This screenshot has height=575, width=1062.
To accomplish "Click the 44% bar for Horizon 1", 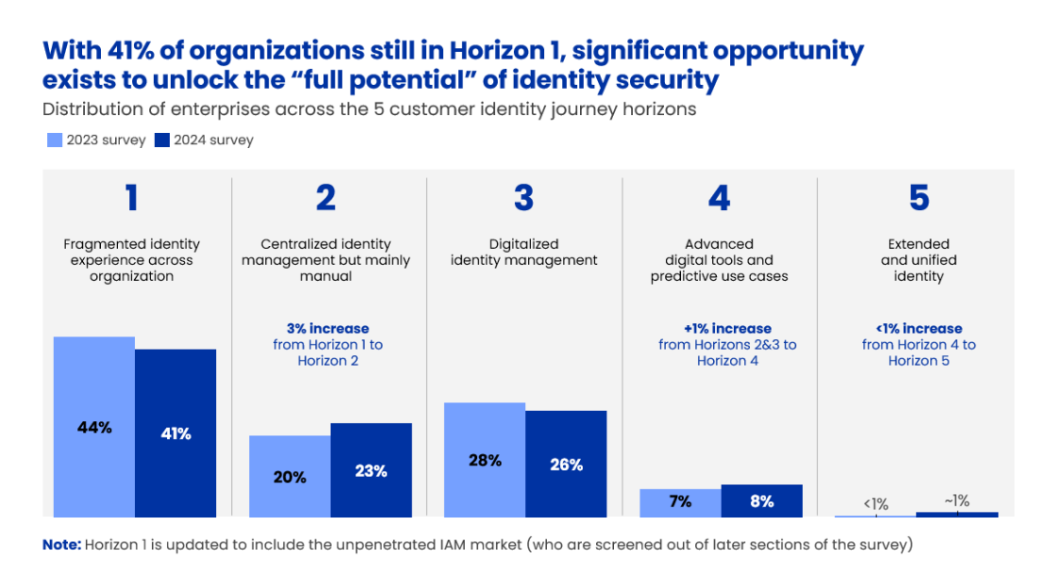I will click(93, 426).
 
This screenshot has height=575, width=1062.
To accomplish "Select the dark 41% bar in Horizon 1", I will click(175, 433).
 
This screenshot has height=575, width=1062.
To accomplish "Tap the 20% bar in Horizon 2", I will click(290, 476).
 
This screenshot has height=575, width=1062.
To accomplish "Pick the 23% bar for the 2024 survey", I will click(371, 469).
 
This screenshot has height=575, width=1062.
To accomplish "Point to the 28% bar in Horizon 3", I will click(484, 459).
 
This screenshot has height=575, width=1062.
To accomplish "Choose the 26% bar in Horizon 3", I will click(566, 464).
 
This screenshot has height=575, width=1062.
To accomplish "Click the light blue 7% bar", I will click(680, 502).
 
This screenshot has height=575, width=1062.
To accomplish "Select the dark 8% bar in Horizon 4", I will click(761, 501).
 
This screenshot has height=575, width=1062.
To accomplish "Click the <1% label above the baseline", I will click(874, 504).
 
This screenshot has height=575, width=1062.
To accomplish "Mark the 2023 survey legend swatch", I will click(55, 140).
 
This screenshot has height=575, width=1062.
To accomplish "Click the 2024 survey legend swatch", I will click(161, 140).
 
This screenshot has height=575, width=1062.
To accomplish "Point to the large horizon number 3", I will click(523, 198).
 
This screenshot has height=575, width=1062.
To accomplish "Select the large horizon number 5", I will click(919, 198).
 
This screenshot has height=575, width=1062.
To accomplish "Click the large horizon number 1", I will click(131, 198).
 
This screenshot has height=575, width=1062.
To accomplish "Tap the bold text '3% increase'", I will click(327, 328).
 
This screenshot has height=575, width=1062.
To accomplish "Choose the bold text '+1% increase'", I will click(727, 328).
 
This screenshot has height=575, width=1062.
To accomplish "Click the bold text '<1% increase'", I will click(919, 328).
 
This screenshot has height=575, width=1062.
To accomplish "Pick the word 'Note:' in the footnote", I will click(61, 545).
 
